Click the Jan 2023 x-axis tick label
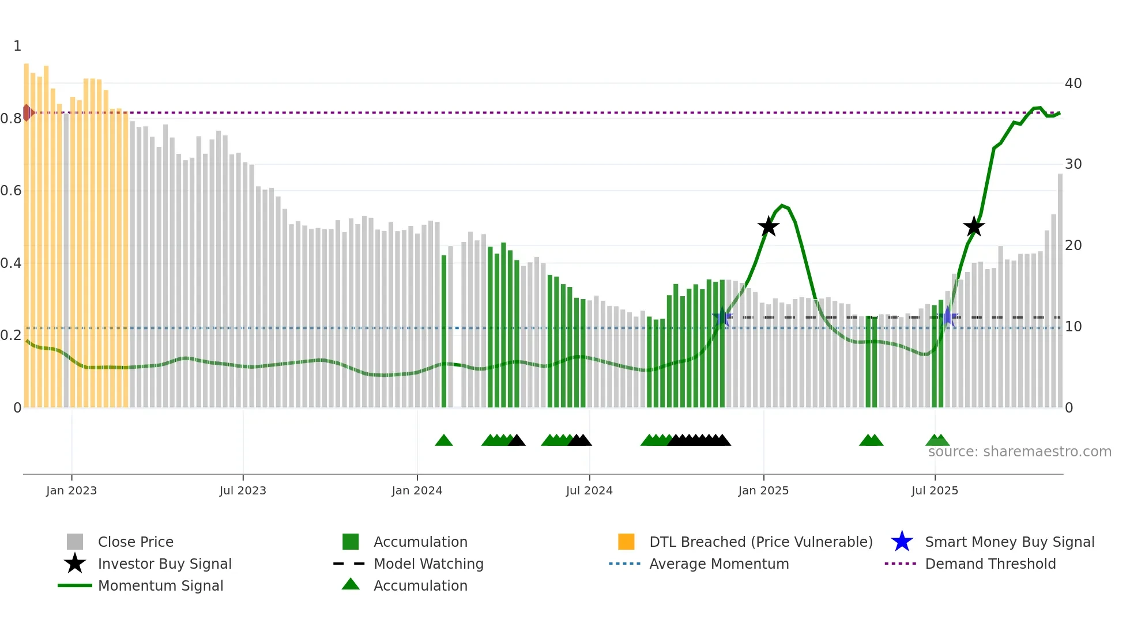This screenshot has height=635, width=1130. (71, 490)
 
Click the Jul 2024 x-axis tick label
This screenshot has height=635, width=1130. (589, 490)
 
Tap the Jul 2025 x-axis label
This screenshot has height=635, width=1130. (935, 490)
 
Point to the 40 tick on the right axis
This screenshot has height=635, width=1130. (1073, 84)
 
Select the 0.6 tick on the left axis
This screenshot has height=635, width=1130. (11, 191)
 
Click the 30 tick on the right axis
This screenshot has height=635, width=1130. (1073, 164)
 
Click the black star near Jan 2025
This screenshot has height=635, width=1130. (768, 227)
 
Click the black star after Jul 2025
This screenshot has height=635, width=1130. (974, 227)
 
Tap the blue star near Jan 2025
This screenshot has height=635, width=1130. (722, 317)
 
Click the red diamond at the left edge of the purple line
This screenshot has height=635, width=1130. (27, 112)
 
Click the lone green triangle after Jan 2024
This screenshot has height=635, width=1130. (443, 441)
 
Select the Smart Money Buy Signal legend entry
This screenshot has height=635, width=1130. (1009, 542)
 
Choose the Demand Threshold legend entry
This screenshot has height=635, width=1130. (990, 564)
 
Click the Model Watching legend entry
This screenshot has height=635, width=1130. (428, 564)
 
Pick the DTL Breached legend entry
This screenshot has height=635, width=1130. (760, 542)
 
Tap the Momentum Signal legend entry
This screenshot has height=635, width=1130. (160, 586)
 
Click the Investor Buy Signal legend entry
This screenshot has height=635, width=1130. (164, 564)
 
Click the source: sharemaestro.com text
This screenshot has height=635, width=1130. (1019, 452)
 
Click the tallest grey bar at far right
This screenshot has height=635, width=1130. (1060, 288)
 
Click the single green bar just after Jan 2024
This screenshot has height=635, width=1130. (444, 331)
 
